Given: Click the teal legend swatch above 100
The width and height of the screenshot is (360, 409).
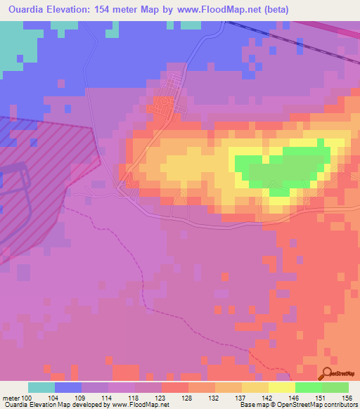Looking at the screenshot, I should pyautogui.click(x=41, y=387).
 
